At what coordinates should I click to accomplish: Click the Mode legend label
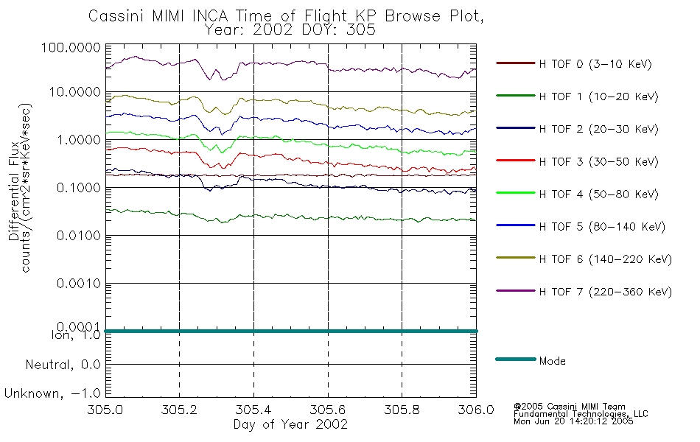(x=552, y=361)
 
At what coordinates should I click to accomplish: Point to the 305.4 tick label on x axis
(x=253, y=410)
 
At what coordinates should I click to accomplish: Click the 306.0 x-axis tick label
(x=476, y=410)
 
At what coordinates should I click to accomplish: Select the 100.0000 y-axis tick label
(x=71, y=47)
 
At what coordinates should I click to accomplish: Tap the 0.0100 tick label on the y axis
(x=79, y=235)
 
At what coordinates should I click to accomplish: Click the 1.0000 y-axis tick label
(x=79, y=140)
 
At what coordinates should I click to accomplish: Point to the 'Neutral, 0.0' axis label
(x=63, y=365)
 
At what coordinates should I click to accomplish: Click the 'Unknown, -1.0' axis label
(x=52, y=393)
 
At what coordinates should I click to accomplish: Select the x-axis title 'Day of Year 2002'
(x=290, y=424)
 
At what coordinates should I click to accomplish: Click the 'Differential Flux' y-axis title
(x=13, y=191)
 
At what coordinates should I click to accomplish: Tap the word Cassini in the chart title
(x=116, y=16)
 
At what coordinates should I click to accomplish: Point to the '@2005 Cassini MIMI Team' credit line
(x=569, y=407)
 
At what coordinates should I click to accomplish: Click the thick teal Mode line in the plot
(x=291, y=331)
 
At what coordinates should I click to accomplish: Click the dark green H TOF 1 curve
(x=291, y=217)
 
